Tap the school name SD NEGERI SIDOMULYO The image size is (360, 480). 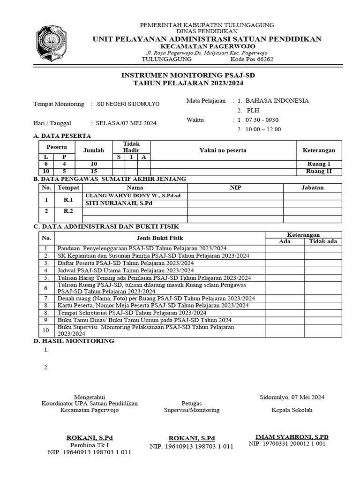click(127, 104)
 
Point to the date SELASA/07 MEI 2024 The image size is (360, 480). click(126, 123)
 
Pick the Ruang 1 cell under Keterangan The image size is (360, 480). click(319, 164)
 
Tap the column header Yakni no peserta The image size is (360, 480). click(223, 150)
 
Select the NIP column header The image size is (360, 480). click(235, 187)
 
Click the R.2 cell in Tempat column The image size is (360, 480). click(68, 211)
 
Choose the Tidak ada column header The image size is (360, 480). click(322, 241)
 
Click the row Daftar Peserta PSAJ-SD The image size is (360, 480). click(125, 263)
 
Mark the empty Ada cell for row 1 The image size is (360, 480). click(284, 248)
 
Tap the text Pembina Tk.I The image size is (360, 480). click(90, 445)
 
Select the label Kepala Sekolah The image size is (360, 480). click(292, 410)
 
